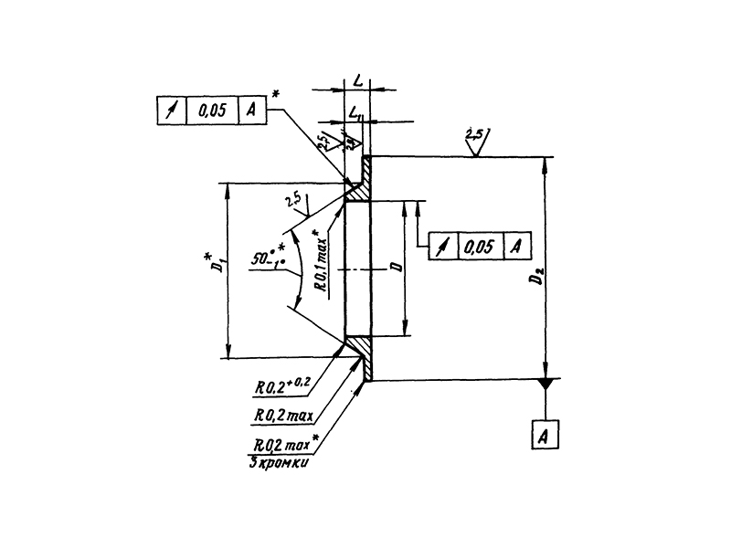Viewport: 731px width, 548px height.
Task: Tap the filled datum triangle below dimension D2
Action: (x=546, y=385)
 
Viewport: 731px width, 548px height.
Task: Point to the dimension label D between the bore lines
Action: (x=395, y=269)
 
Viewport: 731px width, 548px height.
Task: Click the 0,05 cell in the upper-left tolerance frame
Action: (x=212, y=111)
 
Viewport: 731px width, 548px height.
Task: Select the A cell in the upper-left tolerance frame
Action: (x=251, y=111)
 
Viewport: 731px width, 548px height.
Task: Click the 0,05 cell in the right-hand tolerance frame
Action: (x=478, y=246)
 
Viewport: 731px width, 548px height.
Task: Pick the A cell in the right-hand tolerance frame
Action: (x=516, y=246)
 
